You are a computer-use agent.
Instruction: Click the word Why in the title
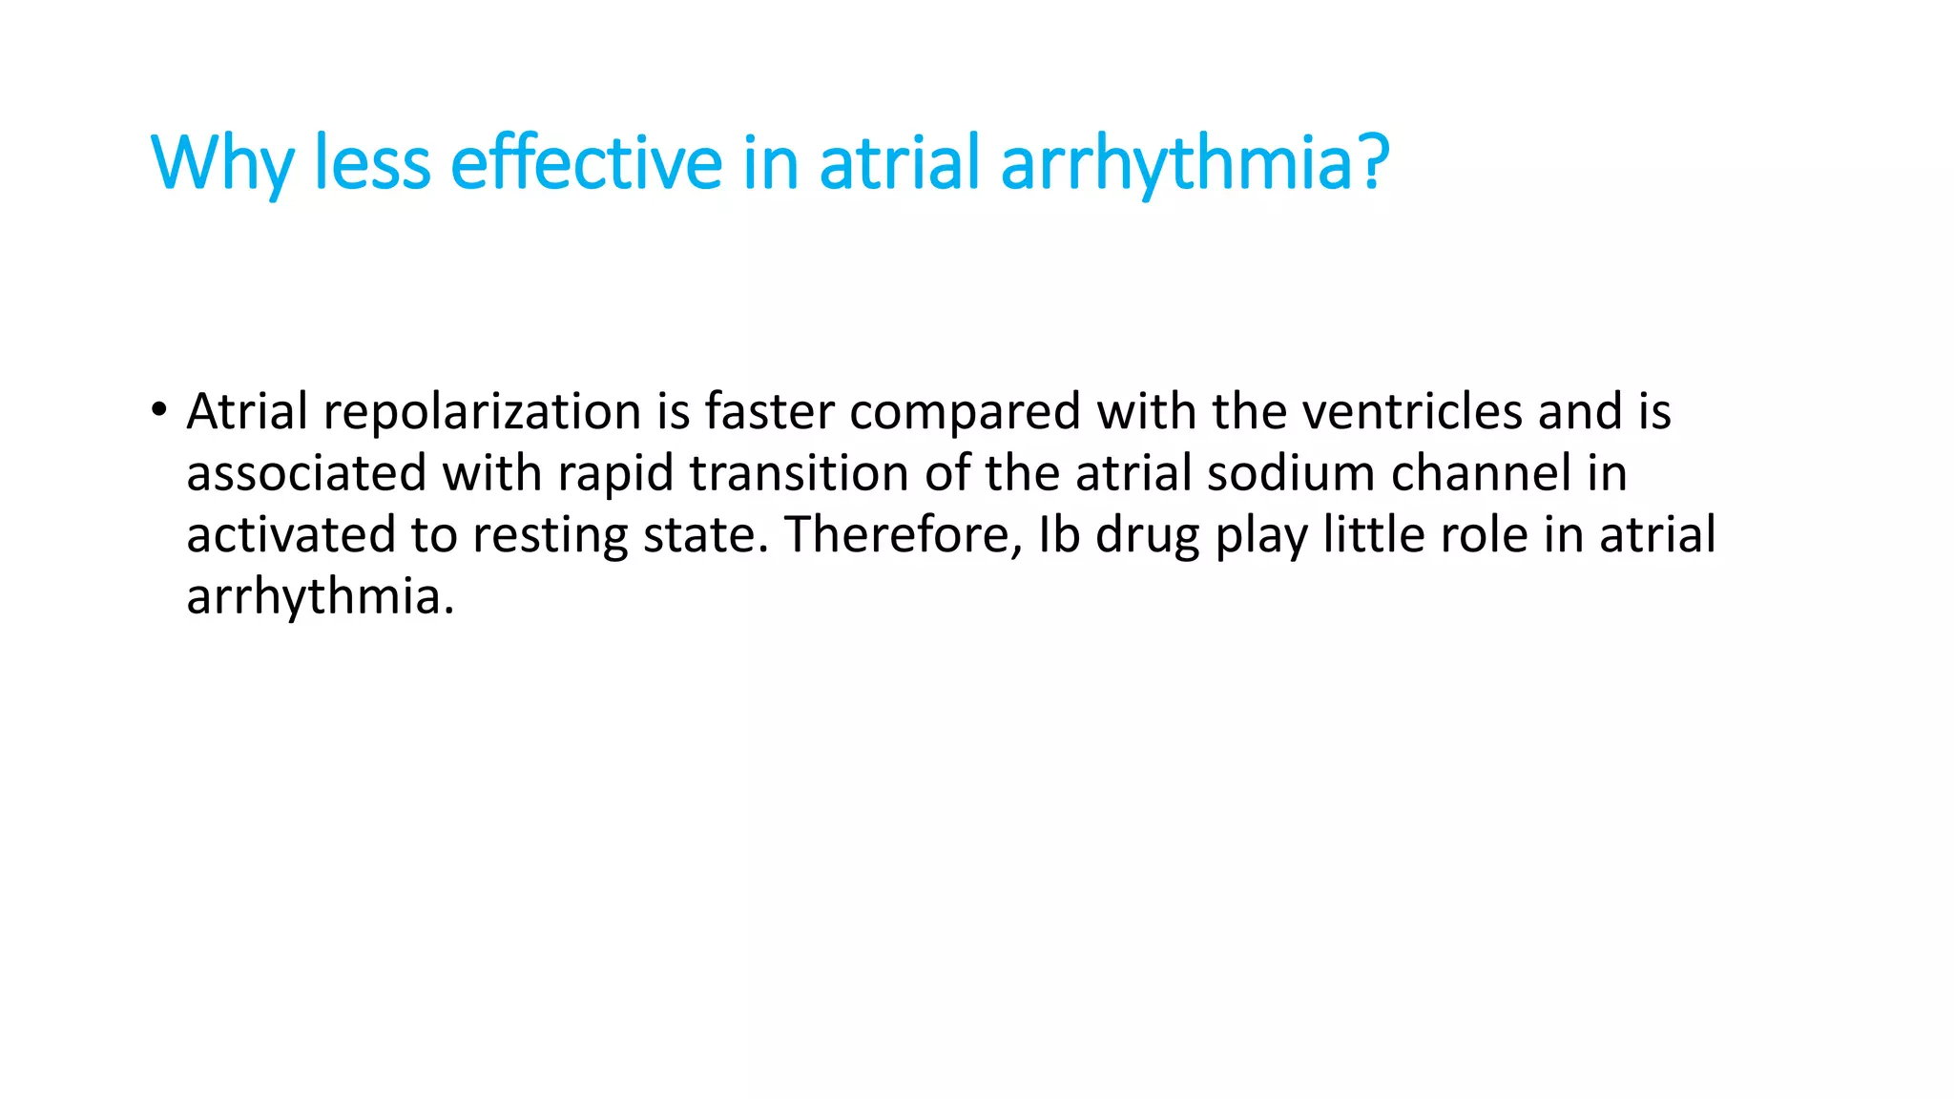coord(221,164)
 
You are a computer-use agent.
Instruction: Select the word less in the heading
coord(372,164)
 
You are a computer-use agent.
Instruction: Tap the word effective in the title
coord(586,164)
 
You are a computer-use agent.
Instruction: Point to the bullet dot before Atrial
coord(158,411)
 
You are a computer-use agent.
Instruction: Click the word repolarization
coord(482,413)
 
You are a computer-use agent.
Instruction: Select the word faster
coord(769,413)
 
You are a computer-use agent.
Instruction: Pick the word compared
coord(965,413)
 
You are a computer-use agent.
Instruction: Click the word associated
coord(306,474)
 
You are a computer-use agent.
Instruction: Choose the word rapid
coord(615,474)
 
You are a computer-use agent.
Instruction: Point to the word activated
coord(290,535)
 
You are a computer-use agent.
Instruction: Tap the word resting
coord(551,535)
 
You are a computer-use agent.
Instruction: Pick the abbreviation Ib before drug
coord(1058,535)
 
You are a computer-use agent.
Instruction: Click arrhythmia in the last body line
coord(320,597)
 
